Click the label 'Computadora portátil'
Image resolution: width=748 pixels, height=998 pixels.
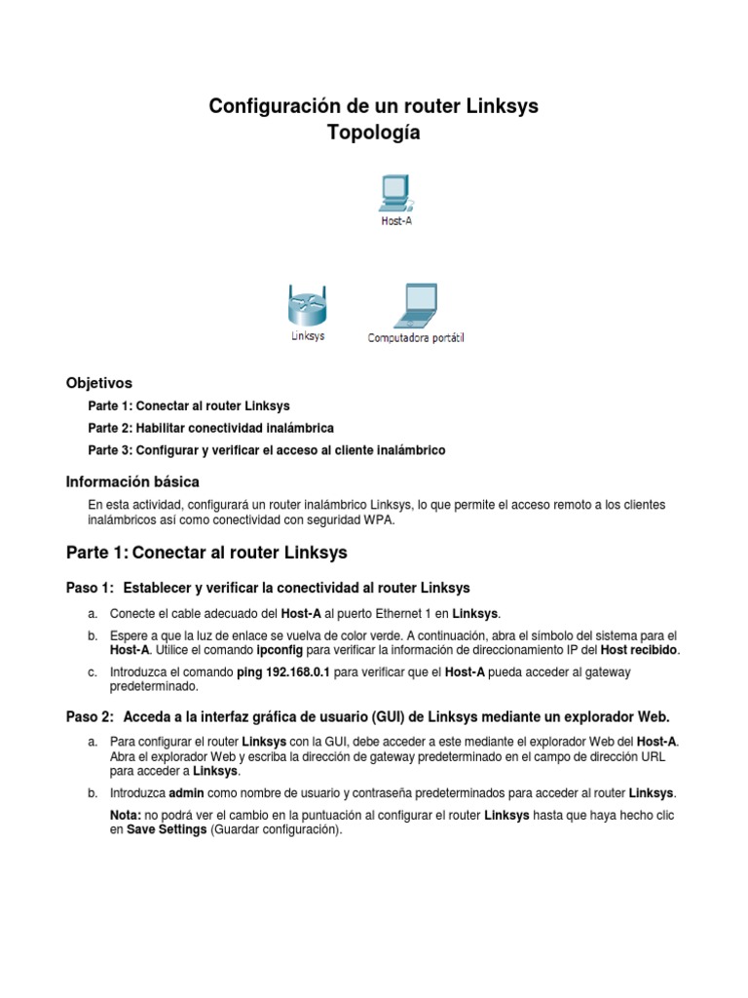pos(416,338)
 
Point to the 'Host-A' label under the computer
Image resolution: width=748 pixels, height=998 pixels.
pos(395,220)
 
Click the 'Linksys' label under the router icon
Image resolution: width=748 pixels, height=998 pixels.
pos(308,336)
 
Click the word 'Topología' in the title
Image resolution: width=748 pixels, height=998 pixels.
pos(374,134)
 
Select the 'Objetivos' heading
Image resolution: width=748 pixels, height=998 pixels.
pos(98,382)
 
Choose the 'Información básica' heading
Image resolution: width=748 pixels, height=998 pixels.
pos(132,481)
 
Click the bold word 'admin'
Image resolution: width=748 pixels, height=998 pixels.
pos(187,792)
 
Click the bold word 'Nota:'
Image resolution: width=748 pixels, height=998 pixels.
pos(127,815)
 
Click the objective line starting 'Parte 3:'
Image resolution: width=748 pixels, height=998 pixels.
pos(266,450)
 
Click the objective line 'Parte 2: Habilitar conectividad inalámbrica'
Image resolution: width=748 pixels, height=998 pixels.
pos(210,428)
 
